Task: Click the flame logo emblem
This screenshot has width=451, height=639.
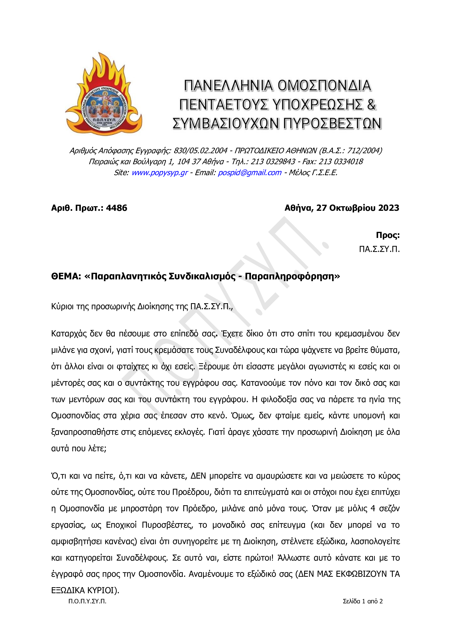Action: point(104,95)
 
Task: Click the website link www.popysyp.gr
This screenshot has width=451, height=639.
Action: point(159,173)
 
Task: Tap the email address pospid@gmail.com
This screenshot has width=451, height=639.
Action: point(249,173)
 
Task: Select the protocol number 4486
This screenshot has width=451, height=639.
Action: point(116,208)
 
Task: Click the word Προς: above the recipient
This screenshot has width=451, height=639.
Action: point(387,235)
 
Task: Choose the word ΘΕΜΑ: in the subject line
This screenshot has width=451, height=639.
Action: point(66,276)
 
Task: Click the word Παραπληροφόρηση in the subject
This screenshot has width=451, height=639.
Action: point(290,276)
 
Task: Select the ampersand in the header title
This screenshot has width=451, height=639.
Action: point(371,105)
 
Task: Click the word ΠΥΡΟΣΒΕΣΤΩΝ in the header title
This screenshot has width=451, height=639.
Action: point(332,124)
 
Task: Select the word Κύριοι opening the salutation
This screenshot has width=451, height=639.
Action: point(62,307)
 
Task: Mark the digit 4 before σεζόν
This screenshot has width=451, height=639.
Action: point(373,509)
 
